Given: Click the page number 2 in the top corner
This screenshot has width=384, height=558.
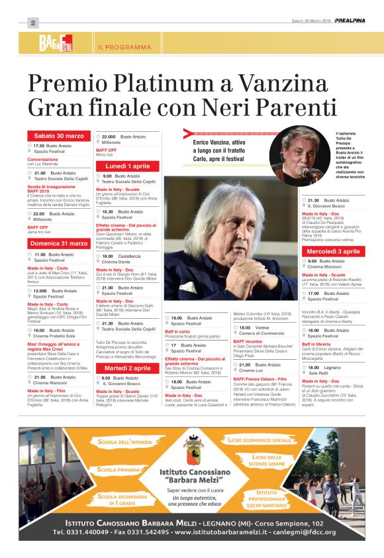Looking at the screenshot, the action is pos(32,23).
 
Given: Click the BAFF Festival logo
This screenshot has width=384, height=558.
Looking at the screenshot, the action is pos(56,45).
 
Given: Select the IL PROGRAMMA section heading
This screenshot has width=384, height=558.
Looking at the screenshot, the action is pos(124,47).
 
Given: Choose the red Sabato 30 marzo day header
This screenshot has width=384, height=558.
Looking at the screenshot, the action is pos(59,136).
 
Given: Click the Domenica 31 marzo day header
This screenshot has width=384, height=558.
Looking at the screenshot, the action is pos(59,243).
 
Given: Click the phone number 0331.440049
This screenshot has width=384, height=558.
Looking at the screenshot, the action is pos(93,531).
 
